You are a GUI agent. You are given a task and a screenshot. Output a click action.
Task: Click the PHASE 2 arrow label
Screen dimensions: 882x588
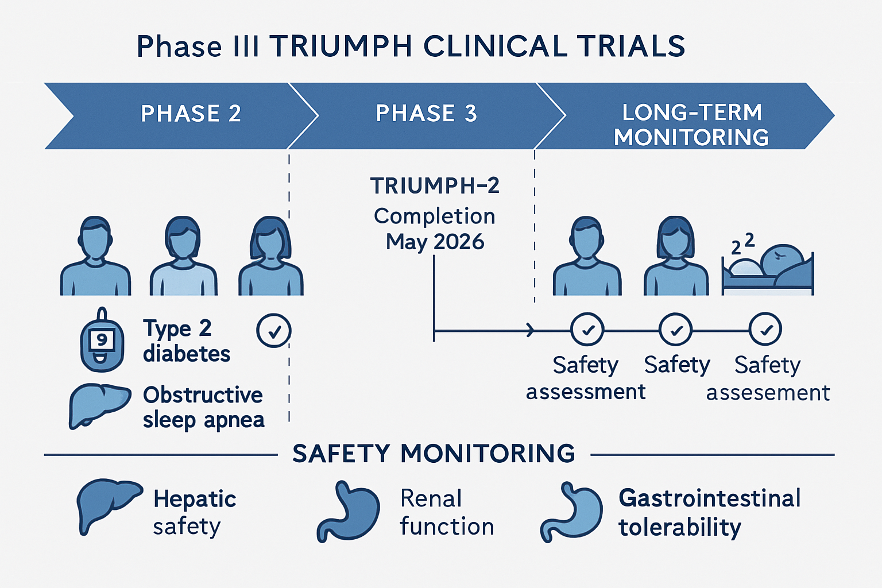[x=191, y=114]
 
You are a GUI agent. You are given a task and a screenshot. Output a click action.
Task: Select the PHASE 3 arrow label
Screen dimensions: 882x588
[x=427, y=114]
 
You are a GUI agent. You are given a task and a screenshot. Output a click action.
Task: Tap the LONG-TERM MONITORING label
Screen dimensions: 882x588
[x=691, y=125]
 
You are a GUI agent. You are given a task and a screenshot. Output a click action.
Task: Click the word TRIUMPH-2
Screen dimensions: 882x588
[x=435, y=186]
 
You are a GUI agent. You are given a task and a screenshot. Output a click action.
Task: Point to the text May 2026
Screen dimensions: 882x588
[x=435, y=241]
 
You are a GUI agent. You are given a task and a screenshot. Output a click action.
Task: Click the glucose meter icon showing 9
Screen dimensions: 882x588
[x=102, y=339]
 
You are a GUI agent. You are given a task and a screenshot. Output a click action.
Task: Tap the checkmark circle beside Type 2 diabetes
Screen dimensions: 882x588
[x=274, y=330]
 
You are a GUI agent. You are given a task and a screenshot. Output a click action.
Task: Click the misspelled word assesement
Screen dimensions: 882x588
[x=768, y=393]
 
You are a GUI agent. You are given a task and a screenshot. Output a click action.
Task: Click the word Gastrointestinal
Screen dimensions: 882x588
[x=710, y=498]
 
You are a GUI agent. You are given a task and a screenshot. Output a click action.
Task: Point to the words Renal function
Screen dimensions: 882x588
[x=447, y=512]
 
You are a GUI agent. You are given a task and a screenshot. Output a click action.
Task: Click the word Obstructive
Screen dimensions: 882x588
[x=203, y=394]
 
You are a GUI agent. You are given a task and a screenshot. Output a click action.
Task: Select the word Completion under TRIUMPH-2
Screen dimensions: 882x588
[x=434, y=216]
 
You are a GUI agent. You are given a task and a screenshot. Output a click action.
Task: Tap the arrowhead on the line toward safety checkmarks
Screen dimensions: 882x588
[x=531, y=330]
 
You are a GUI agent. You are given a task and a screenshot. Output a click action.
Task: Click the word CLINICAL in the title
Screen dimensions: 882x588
[x=496, y=46]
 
